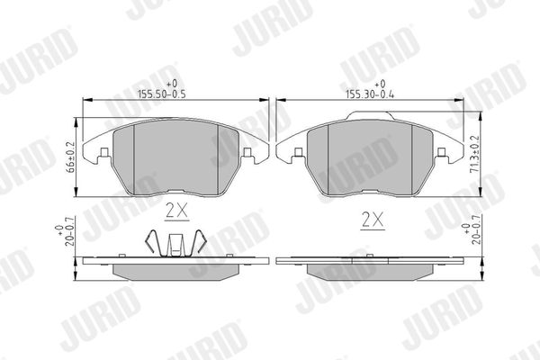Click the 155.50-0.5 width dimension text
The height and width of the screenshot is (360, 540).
coord(161,94)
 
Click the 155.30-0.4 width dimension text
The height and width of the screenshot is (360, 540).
coord(370,94)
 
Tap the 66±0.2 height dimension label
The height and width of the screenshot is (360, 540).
coord(70,157)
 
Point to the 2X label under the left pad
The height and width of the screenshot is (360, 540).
coord(176,211)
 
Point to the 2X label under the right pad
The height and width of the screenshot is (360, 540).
coord(373,220)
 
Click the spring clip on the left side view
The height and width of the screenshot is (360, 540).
coord(175,243)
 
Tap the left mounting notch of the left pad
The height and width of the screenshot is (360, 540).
coord(104,152)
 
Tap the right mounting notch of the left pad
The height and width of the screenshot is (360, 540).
coord(247,152)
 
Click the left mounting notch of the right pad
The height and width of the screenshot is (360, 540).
coord(299,152)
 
